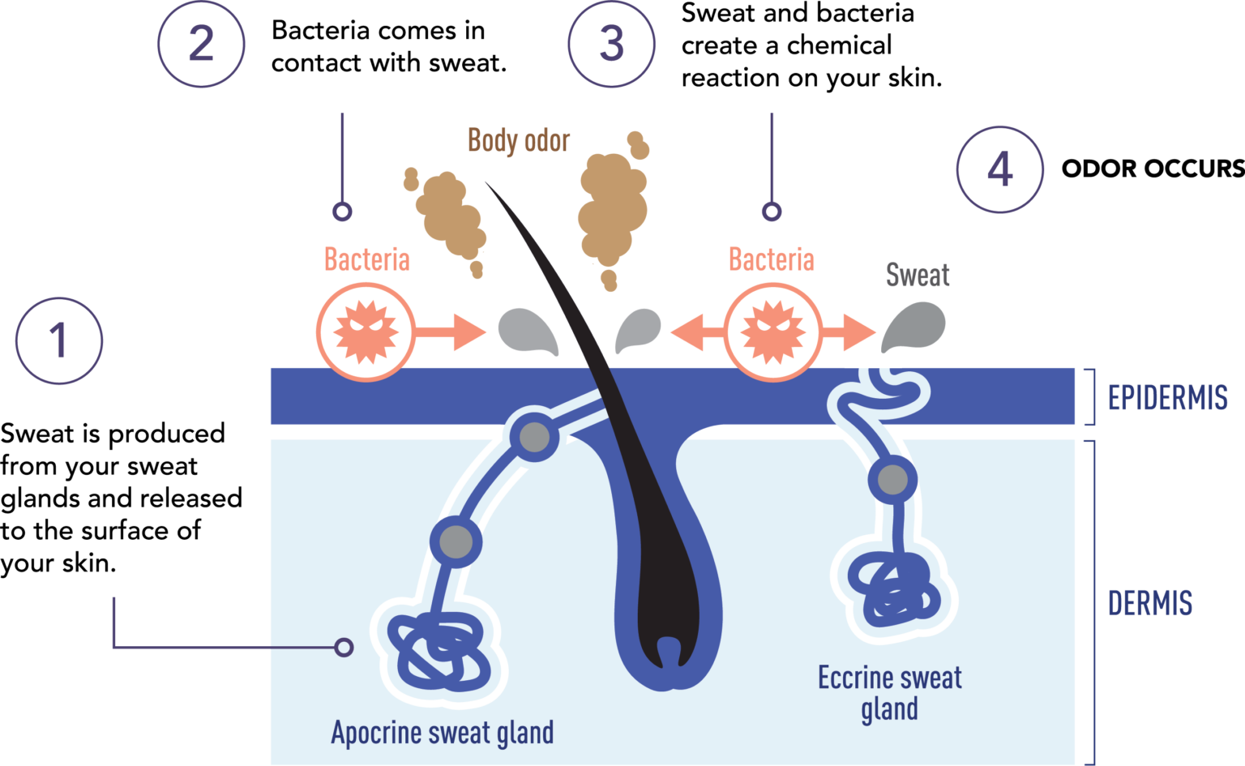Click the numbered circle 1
pyautogui.click(x=59, y=340)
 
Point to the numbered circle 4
pyautogui.click(x=999, y=169)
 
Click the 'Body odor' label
pyautogui.click(x=519, y=141)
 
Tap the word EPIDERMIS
pyautogui.click(x=1167, y=398)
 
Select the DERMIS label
pyautogui.click(x=1149, y=603)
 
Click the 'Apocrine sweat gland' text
pyautogui.click(x=443, y=732)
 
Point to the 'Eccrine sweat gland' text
pyautogui.click(x=890, y=693)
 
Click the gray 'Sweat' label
pyautogui.click(x=917, y=276)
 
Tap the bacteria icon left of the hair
pyautogui.click(x=366, y=332)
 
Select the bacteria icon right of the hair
pyautogui.click(x=772, y=332)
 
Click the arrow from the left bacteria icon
pyautogui.click(x=451, y=332)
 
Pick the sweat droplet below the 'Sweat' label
pyautogui.click(x=913, y=326)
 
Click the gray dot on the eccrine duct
pyautogui.click(x=893, y=480)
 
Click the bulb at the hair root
pyautogui.click(x=668, y=648)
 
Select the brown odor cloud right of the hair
pyautogui.click(x=612, y=207)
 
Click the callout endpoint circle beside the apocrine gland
pyautogui.click(x=344, y=647)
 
